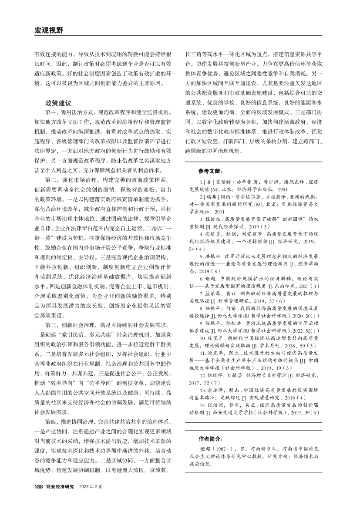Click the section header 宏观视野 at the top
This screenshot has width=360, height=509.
pos(48,30)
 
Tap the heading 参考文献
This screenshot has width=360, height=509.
pos(209,172)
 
